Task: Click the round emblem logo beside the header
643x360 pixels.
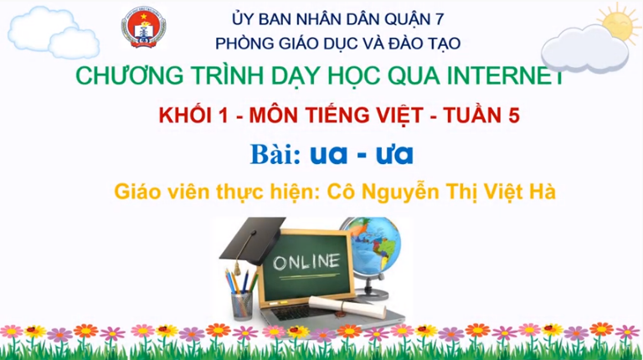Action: (143, 27)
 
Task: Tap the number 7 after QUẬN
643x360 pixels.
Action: (440, 19)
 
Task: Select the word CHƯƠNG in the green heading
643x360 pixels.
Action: (130, 75)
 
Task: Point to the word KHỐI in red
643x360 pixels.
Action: (186, 115)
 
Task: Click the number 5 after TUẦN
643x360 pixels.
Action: (514, 116)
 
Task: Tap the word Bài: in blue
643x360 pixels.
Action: (275, 154)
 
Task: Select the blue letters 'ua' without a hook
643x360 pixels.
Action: (328, 155)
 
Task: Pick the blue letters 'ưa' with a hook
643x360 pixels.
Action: (394, 154)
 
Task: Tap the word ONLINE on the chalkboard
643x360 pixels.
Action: (306, 261)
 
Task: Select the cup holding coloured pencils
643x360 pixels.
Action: (242, 305)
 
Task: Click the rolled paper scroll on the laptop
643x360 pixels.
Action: (347, 306)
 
